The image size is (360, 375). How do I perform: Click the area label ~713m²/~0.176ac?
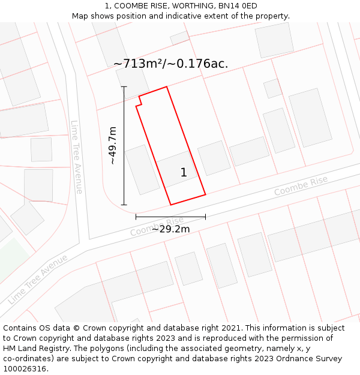click(x=170, y=64)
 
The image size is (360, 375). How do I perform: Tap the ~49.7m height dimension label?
click(x=112, y=145)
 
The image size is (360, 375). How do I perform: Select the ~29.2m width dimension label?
click(x=170, y=229)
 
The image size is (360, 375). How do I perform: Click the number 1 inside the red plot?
click(x=184, y=173)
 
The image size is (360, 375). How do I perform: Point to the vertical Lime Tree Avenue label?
click(x=76, y=157)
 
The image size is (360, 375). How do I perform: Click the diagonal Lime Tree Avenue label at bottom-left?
click(x=37, y=279)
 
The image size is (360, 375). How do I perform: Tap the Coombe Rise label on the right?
click(x=301, y=186)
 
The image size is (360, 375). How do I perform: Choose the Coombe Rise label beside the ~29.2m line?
click(x=157, y=226)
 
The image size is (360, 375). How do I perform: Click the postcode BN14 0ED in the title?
click(x=238, y=6)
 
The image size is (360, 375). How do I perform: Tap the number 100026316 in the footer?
click(x=25, y=369)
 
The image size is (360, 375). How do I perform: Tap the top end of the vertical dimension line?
click(x=124, y=87)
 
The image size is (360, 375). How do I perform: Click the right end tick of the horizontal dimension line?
click(x=205, y=217)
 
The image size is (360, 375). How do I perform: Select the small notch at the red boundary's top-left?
click(x=139, y=101)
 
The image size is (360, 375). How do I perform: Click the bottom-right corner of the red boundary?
click(x=205, y=194)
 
